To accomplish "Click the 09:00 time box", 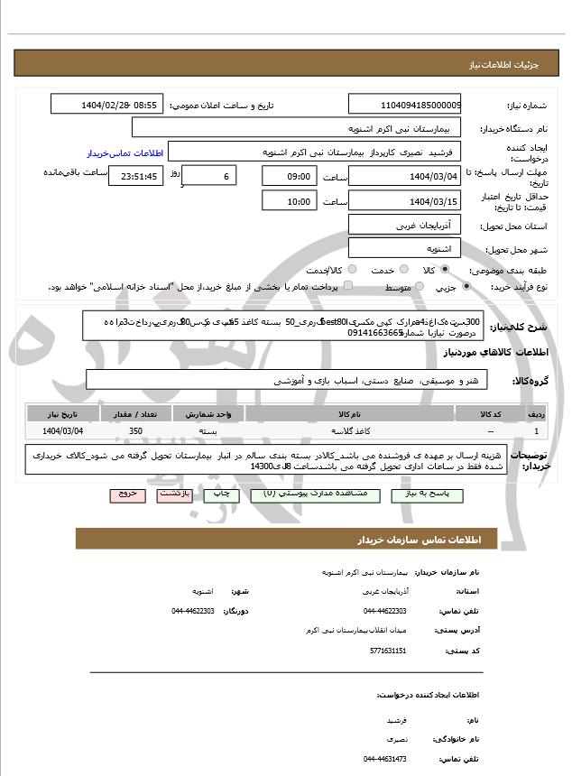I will (288, 175).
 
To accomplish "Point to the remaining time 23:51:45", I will (135, 176).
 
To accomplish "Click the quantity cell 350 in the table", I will (136, 431).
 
